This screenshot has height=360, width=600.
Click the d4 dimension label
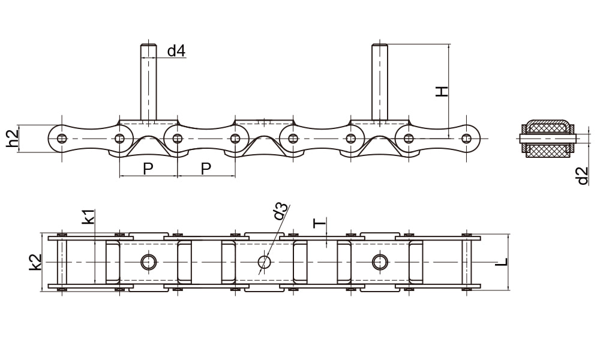pos(176,50)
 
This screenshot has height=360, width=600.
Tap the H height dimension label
pos(442,91)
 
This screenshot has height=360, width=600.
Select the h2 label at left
pos(13,139)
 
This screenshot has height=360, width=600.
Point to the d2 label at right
pos(582,176)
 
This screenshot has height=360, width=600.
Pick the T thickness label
pos(320,223)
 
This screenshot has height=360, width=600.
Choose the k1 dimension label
pos(88,217)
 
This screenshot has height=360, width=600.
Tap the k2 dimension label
pos(35,262)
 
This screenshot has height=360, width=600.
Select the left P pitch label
pos(148,169)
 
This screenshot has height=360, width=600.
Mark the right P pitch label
pos(206,169)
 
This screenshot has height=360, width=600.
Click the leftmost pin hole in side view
pos(62,138)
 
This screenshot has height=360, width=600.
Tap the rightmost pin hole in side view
pos(466,138)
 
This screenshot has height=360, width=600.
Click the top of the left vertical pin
pos(148,45)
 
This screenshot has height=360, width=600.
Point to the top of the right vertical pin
pos(380,45)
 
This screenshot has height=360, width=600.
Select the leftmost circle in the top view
pos(148,262)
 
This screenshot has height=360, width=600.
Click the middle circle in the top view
pos(264,262)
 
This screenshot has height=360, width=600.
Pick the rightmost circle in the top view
pos(380,262)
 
